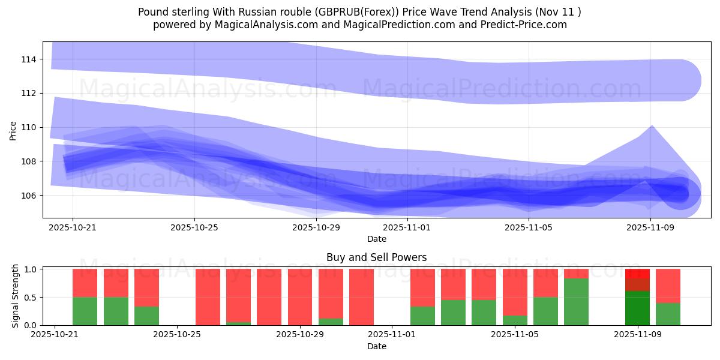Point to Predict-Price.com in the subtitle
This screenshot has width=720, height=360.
(x=528, y=25)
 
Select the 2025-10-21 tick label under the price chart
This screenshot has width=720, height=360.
(x=73, y=228)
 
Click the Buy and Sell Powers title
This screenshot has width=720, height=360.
(x=377, y=257)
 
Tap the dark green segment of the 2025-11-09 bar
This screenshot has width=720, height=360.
(x=637, y=308)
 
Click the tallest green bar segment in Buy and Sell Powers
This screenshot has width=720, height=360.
(x=576, y=302)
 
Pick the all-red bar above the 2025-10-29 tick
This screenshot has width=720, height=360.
(x=300, y=297)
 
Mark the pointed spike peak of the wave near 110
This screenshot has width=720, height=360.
(x=652, y=127)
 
